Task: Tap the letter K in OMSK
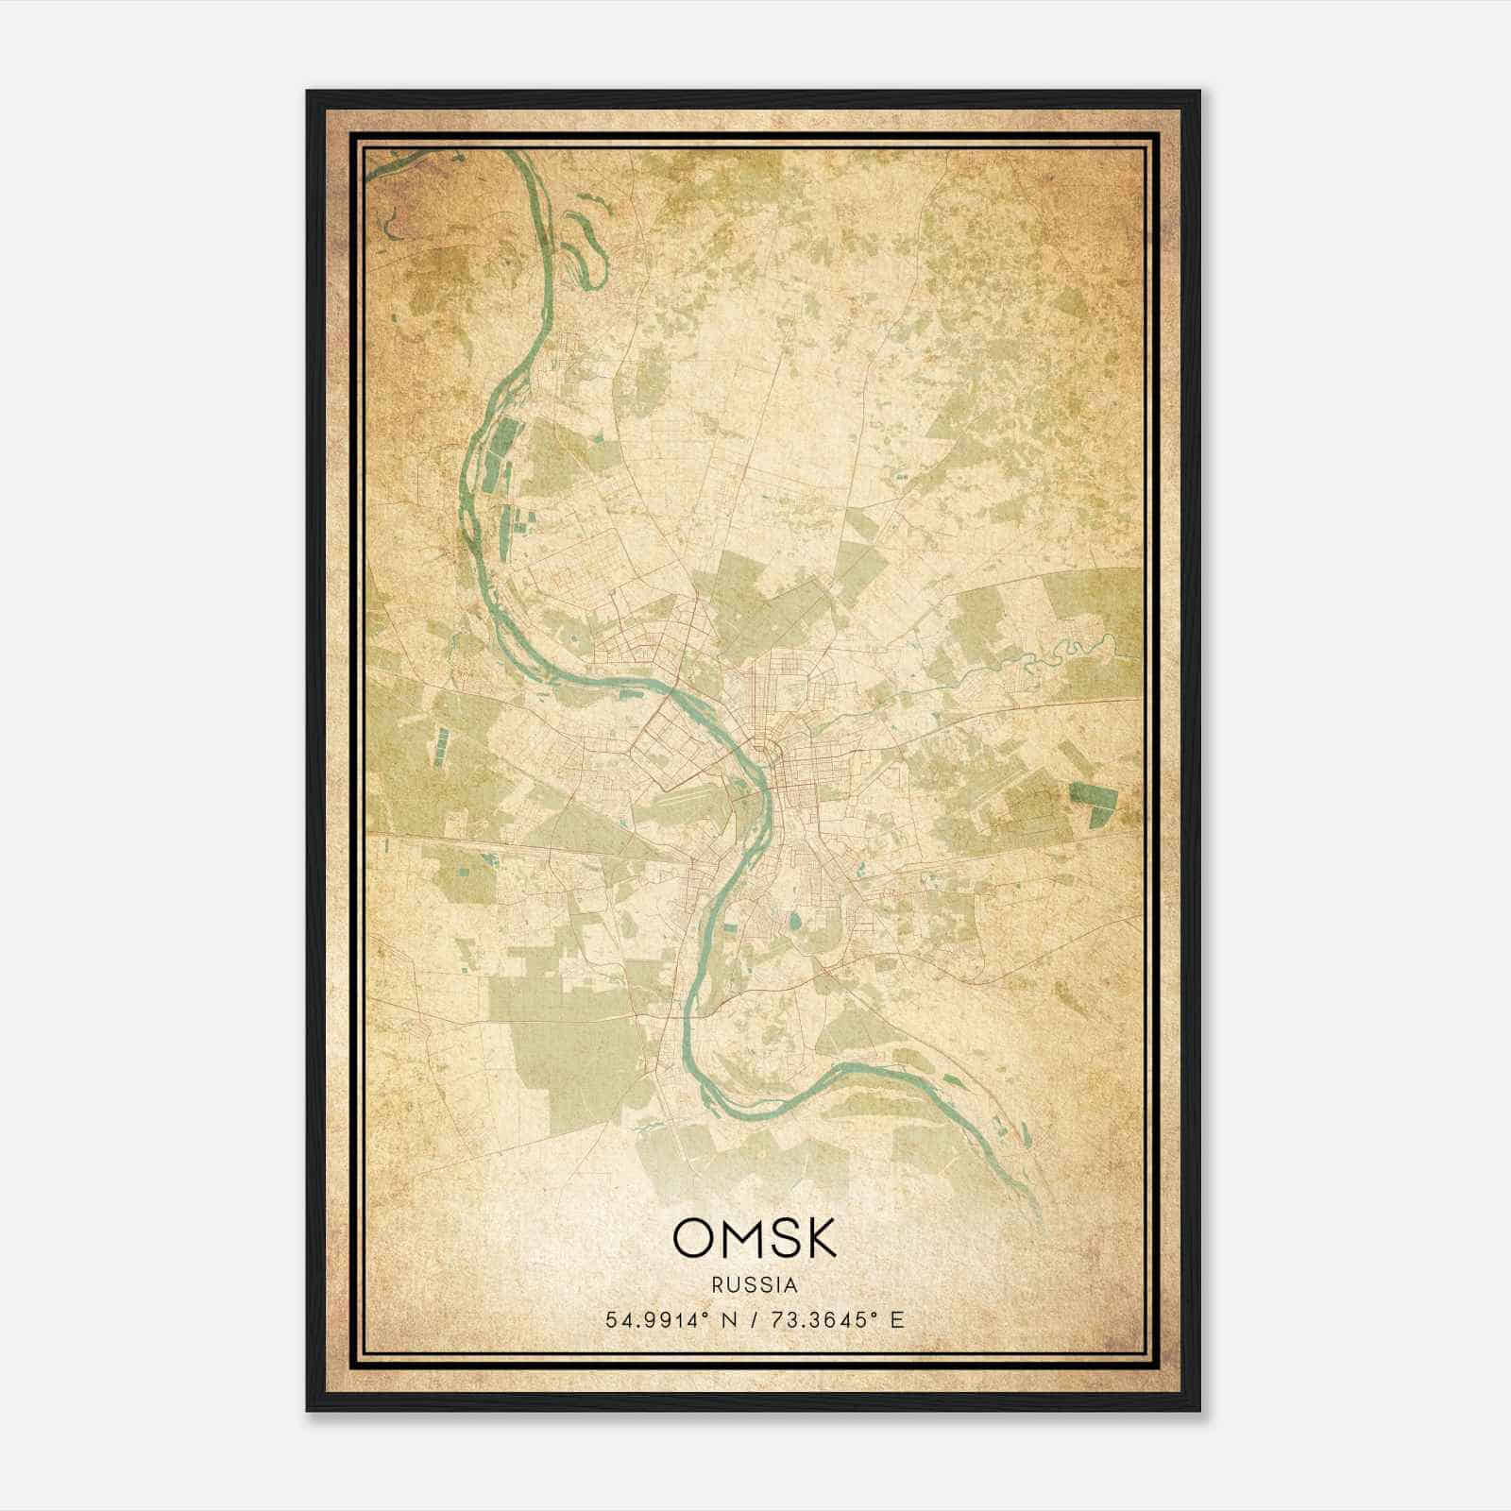pyautogui.click(x=817, y=1238)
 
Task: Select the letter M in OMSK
pyautogui.click(x=740, y=1238)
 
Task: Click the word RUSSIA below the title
pyautogui.click(x=755, y=1285)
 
